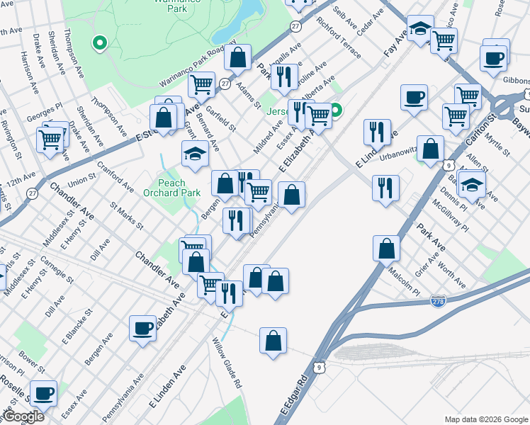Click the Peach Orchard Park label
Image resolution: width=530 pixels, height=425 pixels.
(171, 188)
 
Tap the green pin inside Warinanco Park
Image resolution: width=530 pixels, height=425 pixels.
(100, 43)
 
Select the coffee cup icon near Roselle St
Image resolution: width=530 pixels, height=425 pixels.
(43, 393)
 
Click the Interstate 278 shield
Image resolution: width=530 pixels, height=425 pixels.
(437, 302)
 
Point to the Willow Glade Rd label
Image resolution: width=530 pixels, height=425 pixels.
(227, 363)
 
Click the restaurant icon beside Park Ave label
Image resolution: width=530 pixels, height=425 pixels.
(385, 188)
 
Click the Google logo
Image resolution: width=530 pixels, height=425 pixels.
(23, 416)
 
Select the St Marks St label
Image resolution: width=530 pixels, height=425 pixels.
(127, 216)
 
